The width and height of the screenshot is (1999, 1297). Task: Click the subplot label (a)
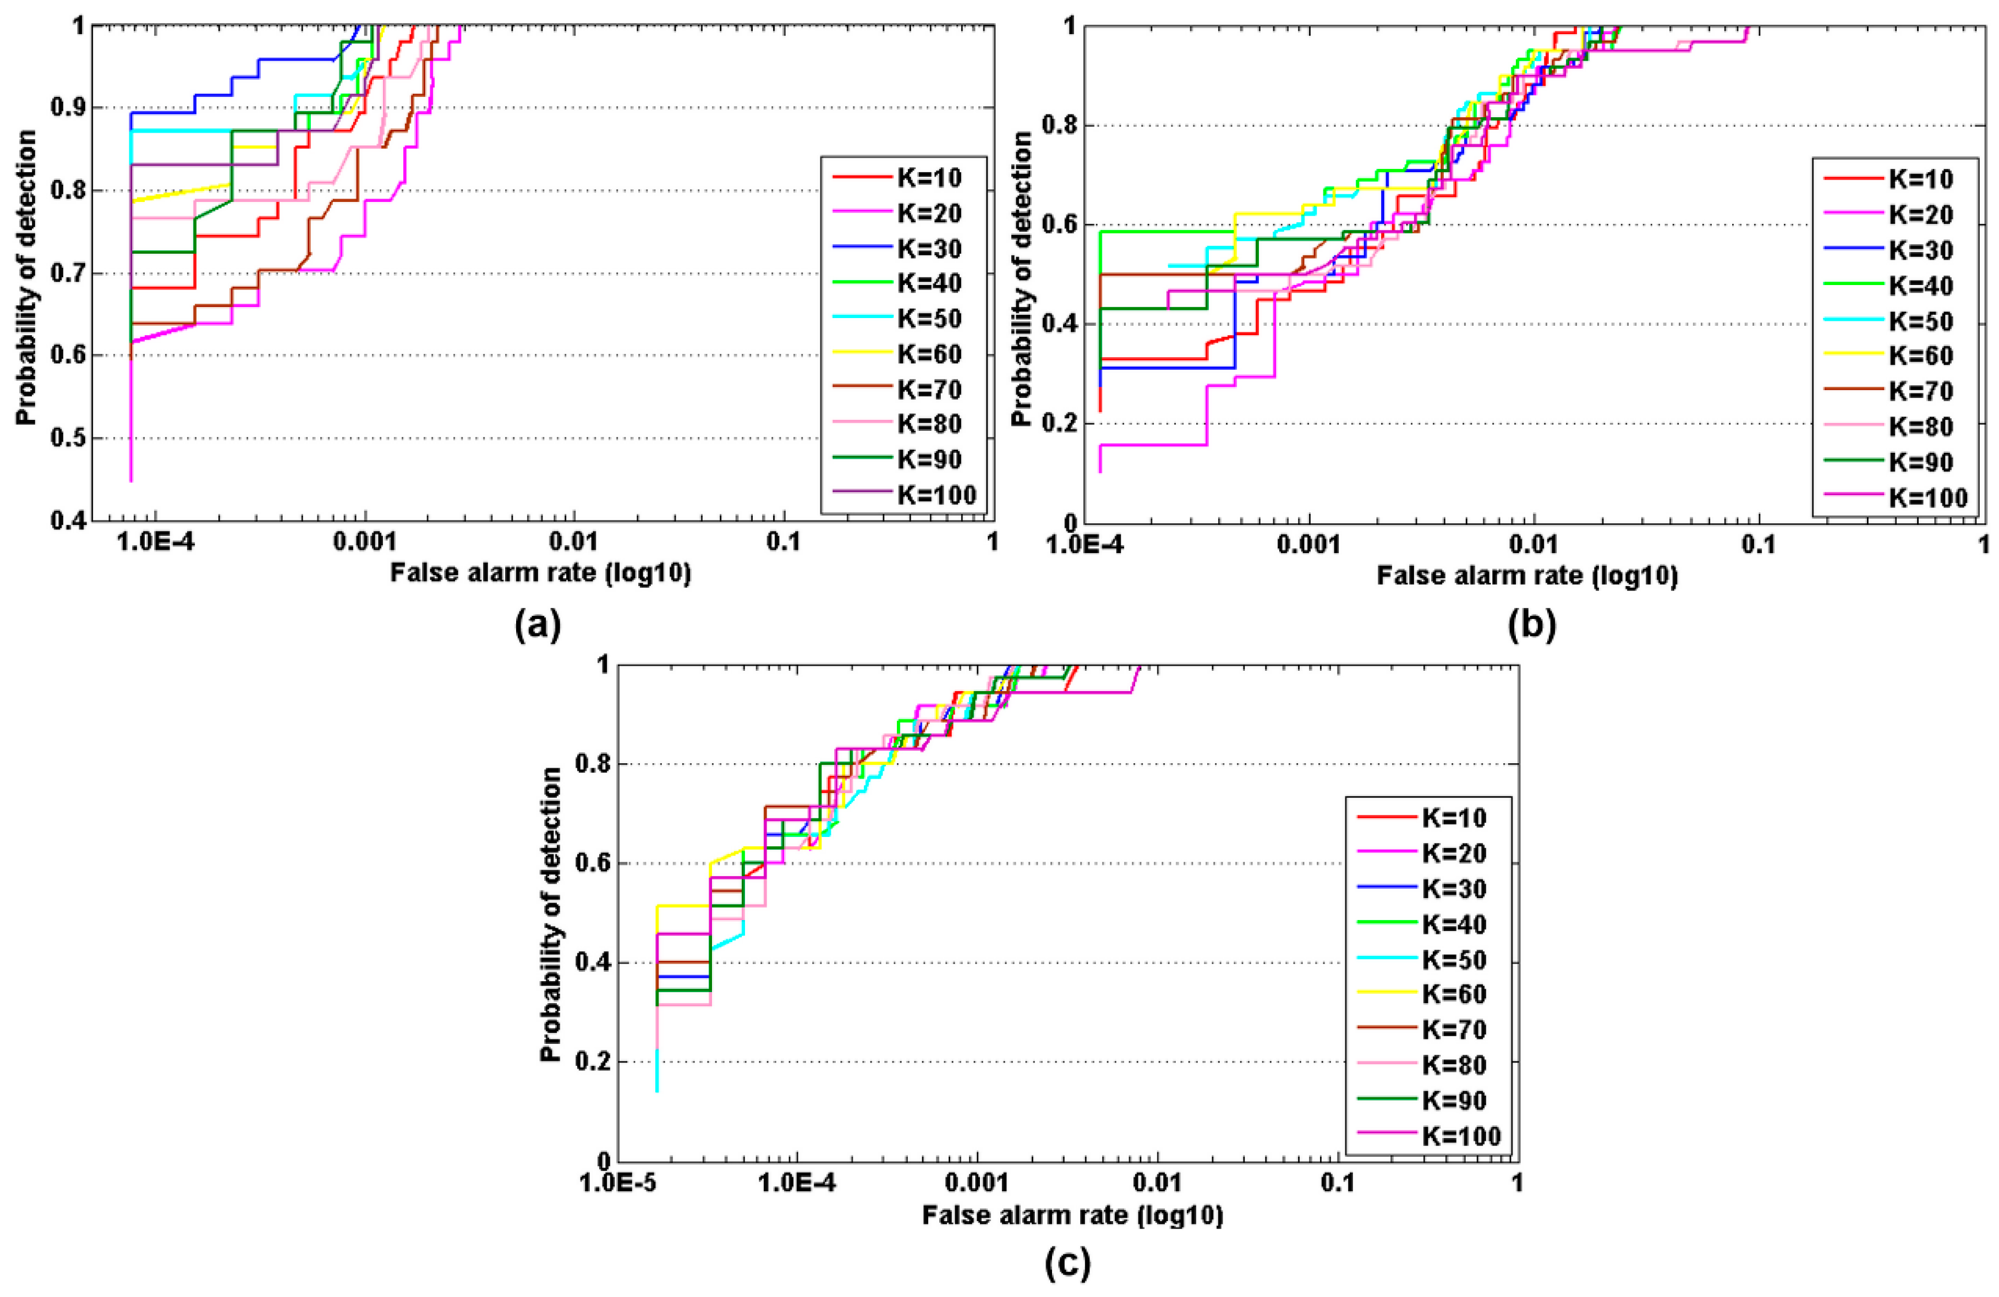(x=538, y=626)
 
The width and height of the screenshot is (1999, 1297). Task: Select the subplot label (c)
(x=1067, y=1263)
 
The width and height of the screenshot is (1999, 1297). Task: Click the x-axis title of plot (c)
(x=1072, y=1216)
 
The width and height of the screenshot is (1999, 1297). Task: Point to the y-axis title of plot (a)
(x=27, y=277)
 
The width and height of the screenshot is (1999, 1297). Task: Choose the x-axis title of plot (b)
(x=1527, y=576)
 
